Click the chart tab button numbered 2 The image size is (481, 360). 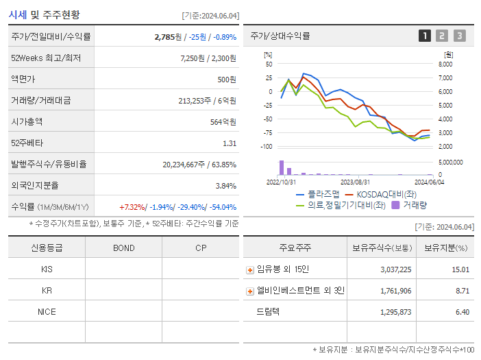pyautogui.click(x=442, y=36)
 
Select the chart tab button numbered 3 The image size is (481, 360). pyautogui.click(x=459, y=36)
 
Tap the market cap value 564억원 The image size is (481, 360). pyautogui.click(x=222, y=121)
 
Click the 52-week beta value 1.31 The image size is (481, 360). pyautogui.click(x=229, y=143)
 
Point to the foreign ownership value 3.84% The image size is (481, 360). pyautogui.click(x=225, y=185)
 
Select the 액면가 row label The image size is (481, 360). pyautogui.click(x=23, y=79)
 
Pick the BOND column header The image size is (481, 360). pyautogui.click(x=123, y=248)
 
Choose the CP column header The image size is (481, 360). pyautogui.click(x=201, y=248)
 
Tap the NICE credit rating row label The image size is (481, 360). pyautogui.click(x=47, y=312)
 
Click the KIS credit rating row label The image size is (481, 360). pyautogui.click(x=47, y=269)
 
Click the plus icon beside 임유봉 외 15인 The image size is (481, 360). pyautogui.click(x=249, y=270)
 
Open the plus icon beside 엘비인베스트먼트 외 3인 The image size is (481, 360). pyautogui.click(x=249, y=291)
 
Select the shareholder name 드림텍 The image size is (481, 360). pyautogui.click(x=268, y=312)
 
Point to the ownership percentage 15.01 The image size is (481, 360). pyautogui.click(x=460, y=270)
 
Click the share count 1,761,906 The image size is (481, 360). pyautogui.click(x=395, y=291)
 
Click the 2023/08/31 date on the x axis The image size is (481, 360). pyautogui.click(x=355, y=182)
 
